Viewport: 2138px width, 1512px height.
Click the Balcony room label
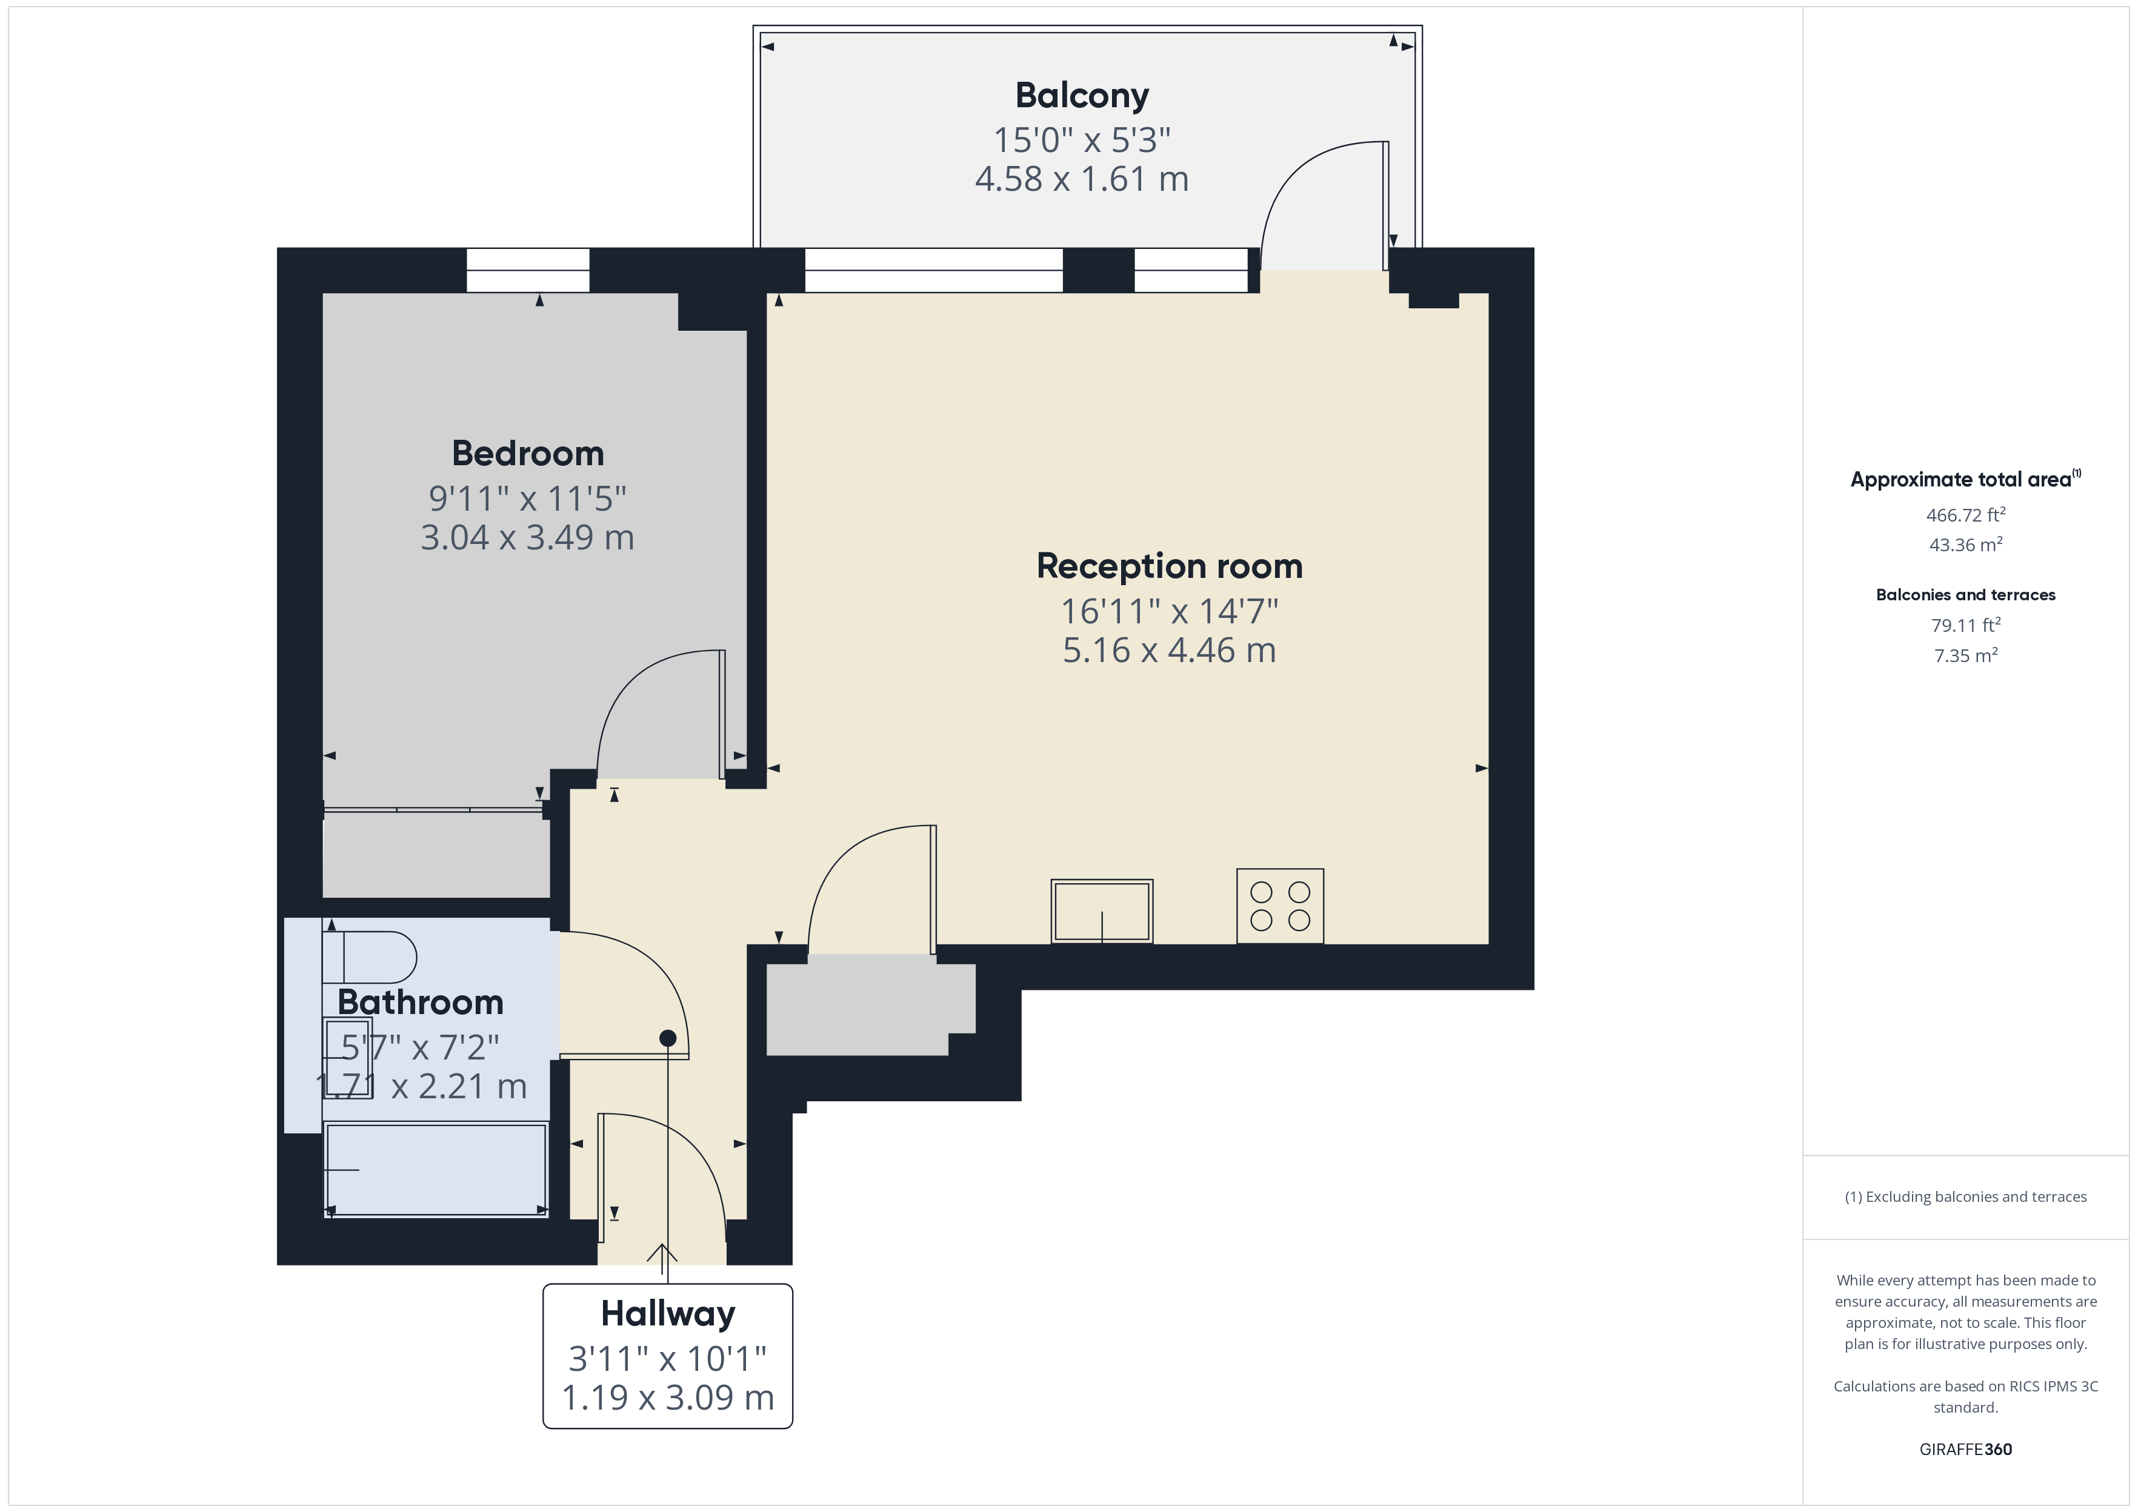1082,96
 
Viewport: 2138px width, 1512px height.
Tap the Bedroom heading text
528,453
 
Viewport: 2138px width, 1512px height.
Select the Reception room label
1170,566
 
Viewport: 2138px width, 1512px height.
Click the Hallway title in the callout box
668,1314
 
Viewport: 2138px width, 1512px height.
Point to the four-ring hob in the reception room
1280,906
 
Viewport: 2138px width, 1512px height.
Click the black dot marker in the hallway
668,1038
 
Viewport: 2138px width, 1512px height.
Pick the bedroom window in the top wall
528,270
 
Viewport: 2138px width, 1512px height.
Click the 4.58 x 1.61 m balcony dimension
1082,179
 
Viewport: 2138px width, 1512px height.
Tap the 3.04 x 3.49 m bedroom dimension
528,537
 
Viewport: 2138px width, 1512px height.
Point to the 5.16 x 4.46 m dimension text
1170,650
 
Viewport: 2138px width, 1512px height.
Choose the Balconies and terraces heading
1966,595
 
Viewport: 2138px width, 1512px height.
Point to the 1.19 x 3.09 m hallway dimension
668,1398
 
